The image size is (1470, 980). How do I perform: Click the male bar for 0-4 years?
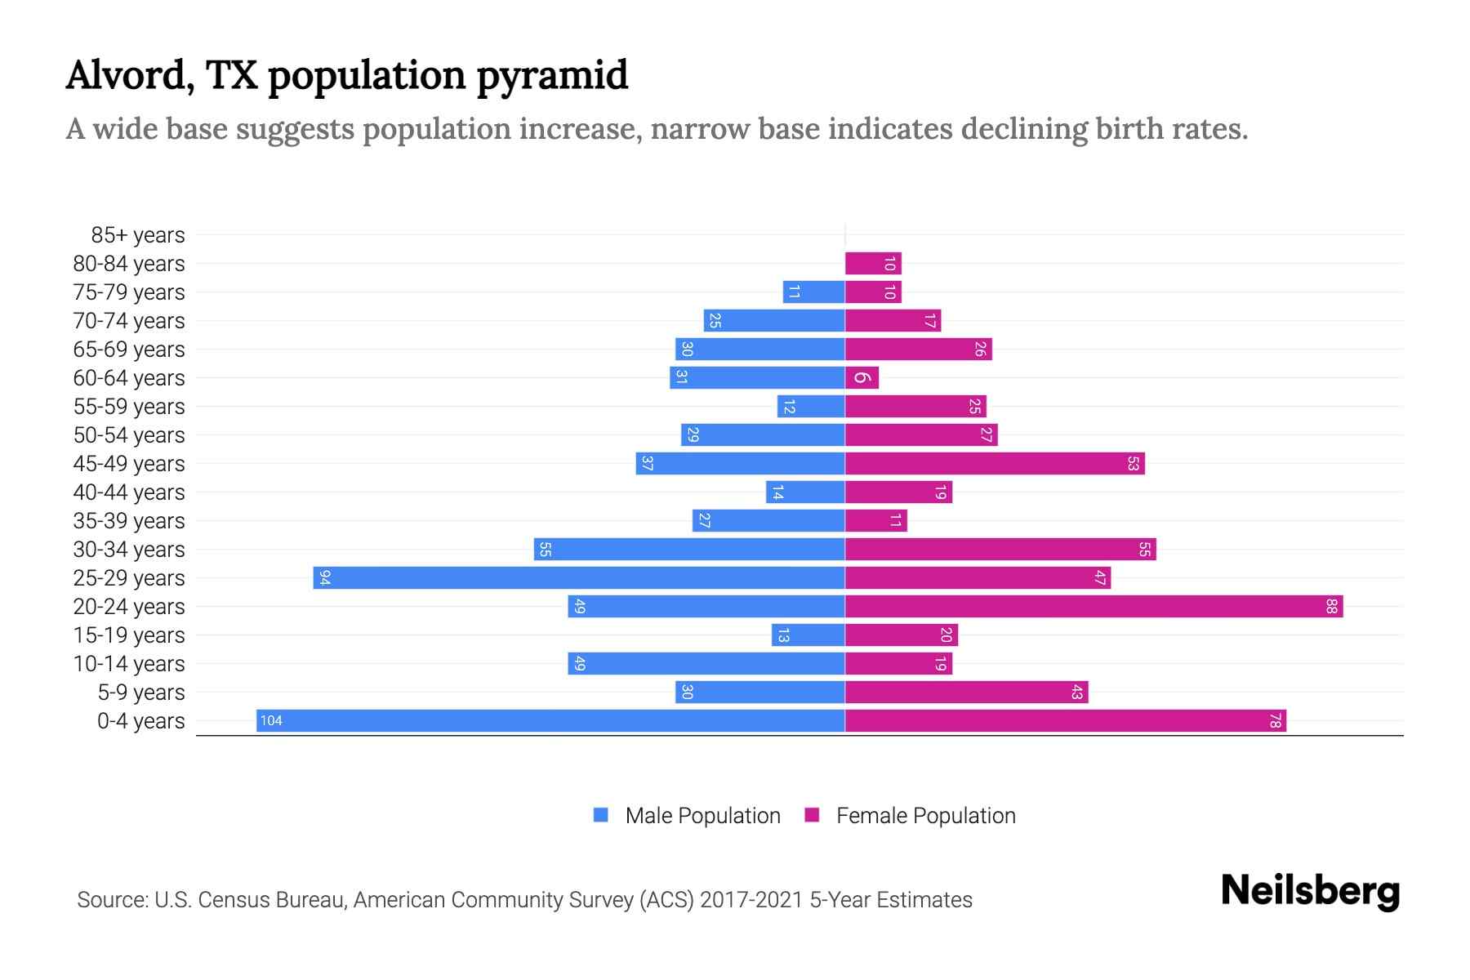click(550, 720)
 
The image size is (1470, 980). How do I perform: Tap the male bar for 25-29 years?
click(578, 577)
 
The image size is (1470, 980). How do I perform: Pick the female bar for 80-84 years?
click(872, 263)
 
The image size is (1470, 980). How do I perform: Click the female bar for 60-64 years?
click(862, 377)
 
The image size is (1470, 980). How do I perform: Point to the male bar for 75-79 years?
click(813, 292)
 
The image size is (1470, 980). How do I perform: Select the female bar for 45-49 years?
click(994, 463)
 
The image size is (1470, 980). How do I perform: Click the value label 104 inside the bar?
click(271, 720)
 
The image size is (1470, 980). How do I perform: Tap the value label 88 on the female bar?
click(1331, 606)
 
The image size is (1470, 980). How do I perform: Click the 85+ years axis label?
click(138, 235)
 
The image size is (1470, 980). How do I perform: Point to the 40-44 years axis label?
click(129, 492)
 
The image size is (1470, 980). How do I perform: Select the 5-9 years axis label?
click(141, 693)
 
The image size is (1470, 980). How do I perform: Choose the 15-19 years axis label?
click(129, 635)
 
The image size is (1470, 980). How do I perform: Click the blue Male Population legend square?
click(601, 815)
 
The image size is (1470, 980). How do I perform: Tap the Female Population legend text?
click(925, 816)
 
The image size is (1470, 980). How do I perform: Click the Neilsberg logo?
click(1310, 891)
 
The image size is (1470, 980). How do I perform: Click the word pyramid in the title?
click(552, 76)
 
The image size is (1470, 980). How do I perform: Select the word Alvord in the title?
click(129, 76)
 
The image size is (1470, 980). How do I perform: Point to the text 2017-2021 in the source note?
click(751, 900)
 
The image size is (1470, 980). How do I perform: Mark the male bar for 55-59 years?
click(810, 406)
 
